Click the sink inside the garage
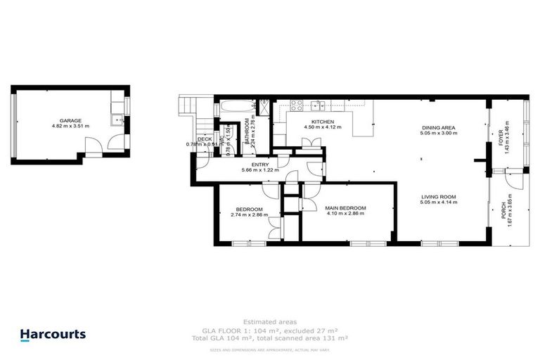point(117,120)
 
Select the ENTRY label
point(250,164)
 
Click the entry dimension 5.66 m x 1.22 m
point(259,170)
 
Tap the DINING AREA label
point(438,126)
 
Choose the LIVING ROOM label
point(439,196)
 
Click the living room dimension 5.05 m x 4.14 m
point(439,202)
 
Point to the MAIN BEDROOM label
point(345,208)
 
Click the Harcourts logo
point(53,335)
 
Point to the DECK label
point(205,139)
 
